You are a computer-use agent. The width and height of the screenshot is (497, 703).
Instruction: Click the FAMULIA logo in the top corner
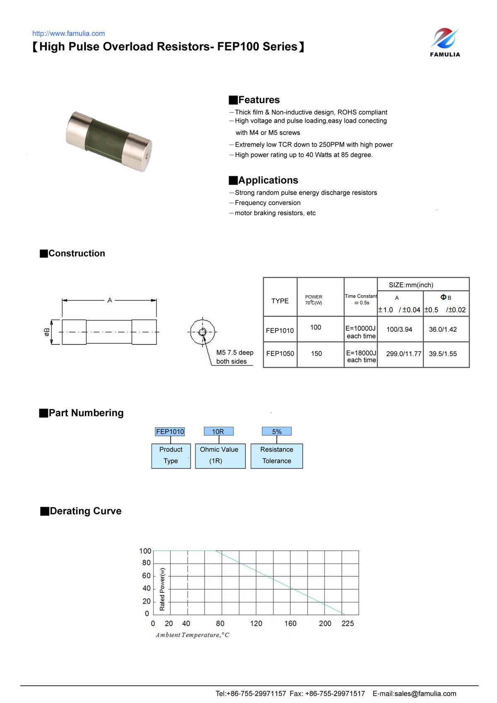tap(445, 42)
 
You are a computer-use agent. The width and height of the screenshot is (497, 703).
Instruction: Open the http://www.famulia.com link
tap(68, 34)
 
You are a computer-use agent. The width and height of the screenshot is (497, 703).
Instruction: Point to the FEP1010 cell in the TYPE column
tap(280, 330)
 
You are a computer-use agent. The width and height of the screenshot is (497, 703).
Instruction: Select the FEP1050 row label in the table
tap(280, 354)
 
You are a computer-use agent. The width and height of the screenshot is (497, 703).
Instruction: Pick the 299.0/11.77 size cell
tap(403, 354)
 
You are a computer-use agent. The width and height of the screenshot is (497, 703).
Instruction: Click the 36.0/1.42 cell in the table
tap(443, 330)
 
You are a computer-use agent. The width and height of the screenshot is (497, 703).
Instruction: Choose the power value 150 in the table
tap(316, 354)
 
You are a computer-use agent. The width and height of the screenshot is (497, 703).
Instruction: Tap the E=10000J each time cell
tap(361, 332)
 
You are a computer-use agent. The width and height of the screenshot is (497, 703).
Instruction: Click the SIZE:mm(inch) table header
tap(411, 285)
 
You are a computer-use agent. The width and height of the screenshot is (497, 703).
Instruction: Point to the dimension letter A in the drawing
tap(110, 300)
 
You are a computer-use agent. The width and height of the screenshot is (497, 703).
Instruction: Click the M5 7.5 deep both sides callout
tap(234, 357)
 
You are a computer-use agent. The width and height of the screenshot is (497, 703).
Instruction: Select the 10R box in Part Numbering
tap(218, 431)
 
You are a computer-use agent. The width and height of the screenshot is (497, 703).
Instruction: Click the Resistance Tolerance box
tap(277, 455)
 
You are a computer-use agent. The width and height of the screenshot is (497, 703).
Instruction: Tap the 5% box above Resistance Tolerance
tap(277, 431)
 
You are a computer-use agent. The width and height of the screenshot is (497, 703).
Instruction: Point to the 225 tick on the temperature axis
tap(347, 624)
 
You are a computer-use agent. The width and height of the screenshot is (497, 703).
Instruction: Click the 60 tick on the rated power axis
tap(146, 575)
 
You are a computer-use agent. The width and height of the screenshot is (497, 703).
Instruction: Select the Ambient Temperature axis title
tap(192, 635)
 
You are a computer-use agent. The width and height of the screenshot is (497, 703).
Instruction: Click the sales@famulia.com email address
tap(425, 693)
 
